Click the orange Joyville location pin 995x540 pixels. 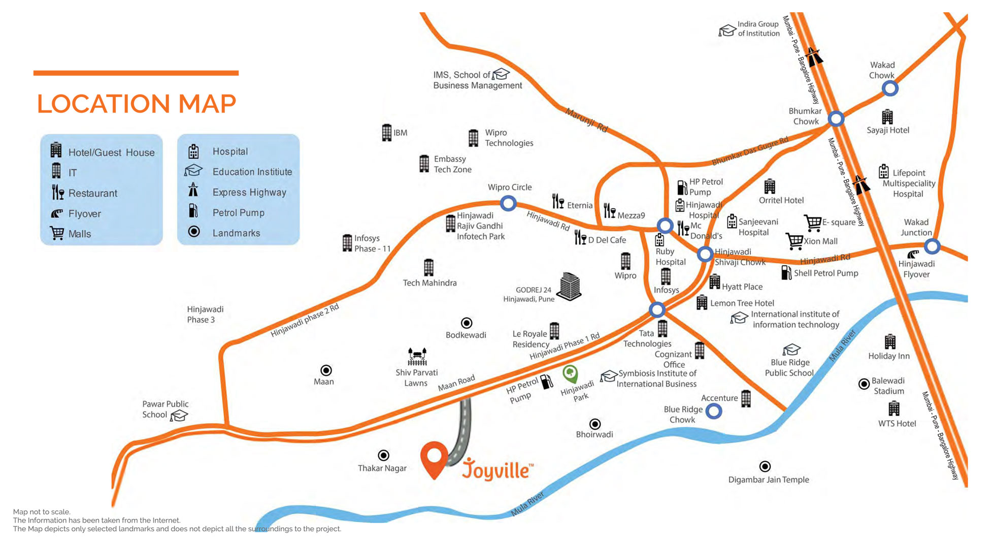point(434,457)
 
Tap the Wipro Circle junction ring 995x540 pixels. point(508,203)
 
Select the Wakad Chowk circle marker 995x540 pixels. point(890,88)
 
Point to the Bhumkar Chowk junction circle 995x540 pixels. point(836,119)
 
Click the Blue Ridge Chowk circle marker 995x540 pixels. point(714,411)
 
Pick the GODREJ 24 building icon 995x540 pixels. point(570,286)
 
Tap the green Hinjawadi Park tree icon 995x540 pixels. point(571,374)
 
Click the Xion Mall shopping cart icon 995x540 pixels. point(794,241)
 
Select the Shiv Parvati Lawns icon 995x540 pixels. point(417,357)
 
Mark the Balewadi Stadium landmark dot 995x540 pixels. point(864,384)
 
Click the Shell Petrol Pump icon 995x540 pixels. point(786,273)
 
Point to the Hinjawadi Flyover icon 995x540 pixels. point(913,255)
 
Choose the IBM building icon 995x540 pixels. point(387,133)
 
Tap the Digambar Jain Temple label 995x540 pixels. point(769,480)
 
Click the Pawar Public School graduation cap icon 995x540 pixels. point(179,416)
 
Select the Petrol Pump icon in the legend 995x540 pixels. point(193,211)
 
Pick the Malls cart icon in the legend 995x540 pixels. point(57,233)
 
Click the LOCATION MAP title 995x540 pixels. point(137,104)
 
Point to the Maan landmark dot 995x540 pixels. point(326,370)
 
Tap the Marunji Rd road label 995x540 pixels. point(587,120)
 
